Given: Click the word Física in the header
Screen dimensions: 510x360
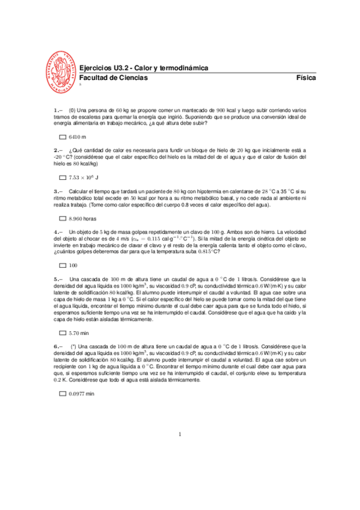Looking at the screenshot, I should [x=306, y=78].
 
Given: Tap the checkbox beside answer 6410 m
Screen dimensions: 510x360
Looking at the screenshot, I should [x=63, y=137].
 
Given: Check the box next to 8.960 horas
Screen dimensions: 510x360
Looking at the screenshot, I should [x=63, y=218].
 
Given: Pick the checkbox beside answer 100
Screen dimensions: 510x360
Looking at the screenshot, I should [x=63, y=265].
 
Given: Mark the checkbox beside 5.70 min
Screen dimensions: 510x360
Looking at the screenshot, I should [x=63, y=332].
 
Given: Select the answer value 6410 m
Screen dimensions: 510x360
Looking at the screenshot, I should [x=78, y=137].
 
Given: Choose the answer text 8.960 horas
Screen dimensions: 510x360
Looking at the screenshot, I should [x=82, y=218].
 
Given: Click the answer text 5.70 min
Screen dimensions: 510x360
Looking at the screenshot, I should [x=79, y=332].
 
